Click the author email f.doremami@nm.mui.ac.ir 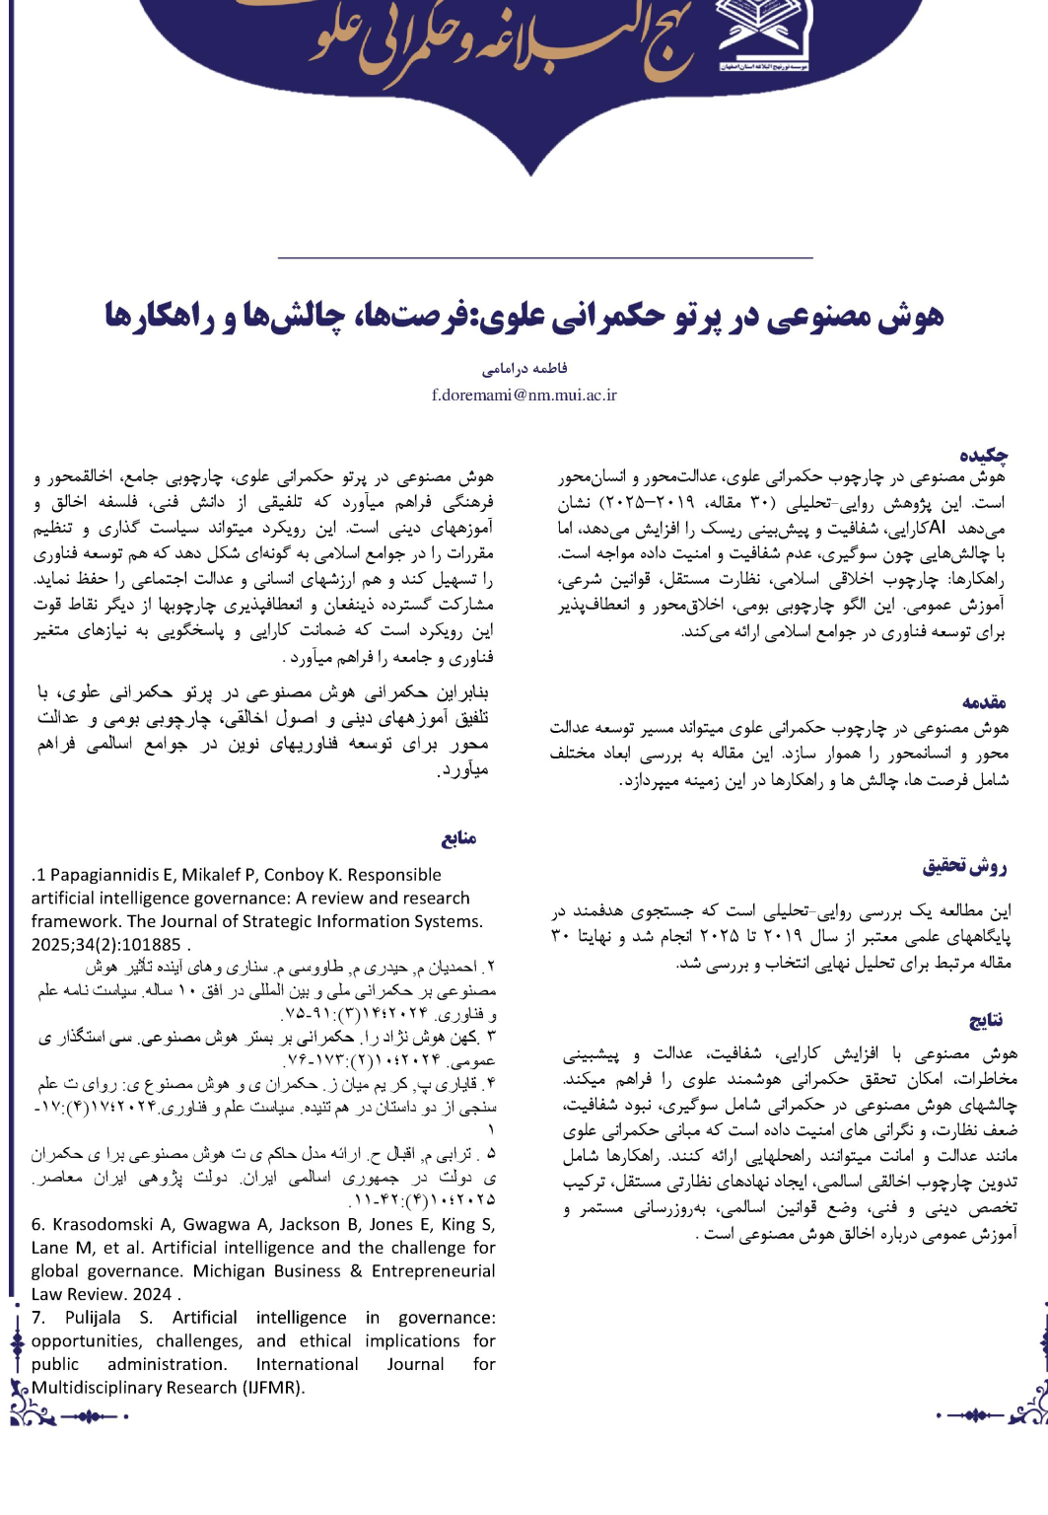pos(524,395)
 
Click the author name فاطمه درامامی pos(524,369)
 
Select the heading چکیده pos(983,455)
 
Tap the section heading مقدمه pos(984,702)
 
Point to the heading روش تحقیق pos(964,866)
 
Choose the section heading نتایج pos(985,1020)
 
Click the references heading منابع pos(458,838)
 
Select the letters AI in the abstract pos(938,528)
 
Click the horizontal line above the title pos(545,257)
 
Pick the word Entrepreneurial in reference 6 pos(433,1270)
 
